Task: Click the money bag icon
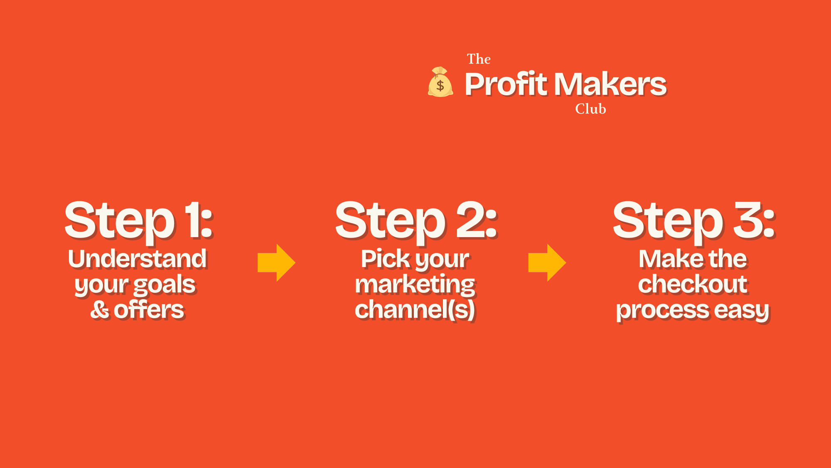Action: [x=440, y=82]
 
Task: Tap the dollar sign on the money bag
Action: [x=440, y=86]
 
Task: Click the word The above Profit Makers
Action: [x=479, y=59]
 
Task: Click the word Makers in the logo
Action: [x=610, y=84]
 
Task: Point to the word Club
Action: [x=590, y=109]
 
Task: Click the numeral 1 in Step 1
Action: [x=194, y=220]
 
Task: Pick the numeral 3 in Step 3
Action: [x=748, y=220]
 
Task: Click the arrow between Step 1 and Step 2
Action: [x=276, y=263]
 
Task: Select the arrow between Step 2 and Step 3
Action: [x=547, y=263]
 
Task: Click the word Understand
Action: [x=138, y=259]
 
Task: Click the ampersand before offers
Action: [x=100, y=310]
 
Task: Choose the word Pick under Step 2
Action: [x=386, y=259]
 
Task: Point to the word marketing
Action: [x=415, y=285]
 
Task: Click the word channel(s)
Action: [x=415, y=310]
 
